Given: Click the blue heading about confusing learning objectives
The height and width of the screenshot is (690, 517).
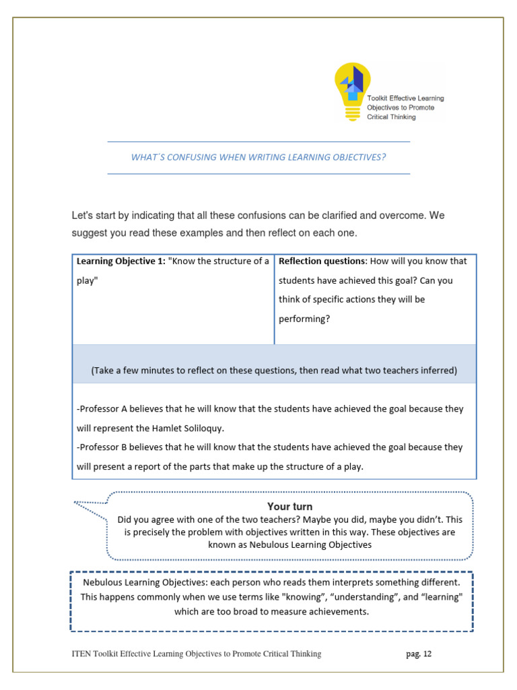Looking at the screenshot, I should point(258,157).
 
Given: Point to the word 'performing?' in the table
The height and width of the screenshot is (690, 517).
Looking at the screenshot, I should point(304,319).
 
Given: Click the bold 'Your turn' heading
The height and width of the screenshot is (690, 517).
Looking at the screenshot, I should point(289,507).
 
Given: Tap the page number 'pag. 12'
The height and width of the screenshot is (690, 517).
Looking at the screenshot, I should point(418,654).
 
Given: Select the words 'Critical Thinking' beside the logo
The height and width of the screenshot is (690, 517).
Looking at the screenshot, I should point(391,117).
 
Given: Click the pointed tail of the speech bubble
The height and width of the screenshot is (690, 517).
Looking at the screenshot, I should point(76,503).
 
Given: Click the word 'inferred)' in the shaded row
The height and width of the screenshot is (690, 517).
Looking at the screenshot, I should point(437,371).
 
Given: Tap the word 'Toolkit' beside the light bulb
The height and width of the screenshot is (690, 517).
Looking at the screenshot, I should point(380,98).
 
